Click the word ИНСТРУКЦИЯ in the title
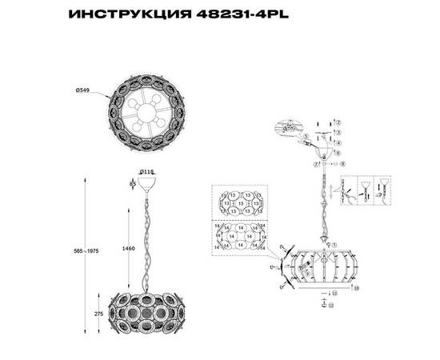click(x=129, y=14)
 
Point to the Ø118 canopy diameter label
click(x=146, y=171)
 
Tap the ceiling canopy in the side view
click(x=147, y=183)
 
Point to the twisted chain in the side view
click(x=147, y=240)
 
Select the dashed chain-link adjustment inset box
click(x=367, y=190)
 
